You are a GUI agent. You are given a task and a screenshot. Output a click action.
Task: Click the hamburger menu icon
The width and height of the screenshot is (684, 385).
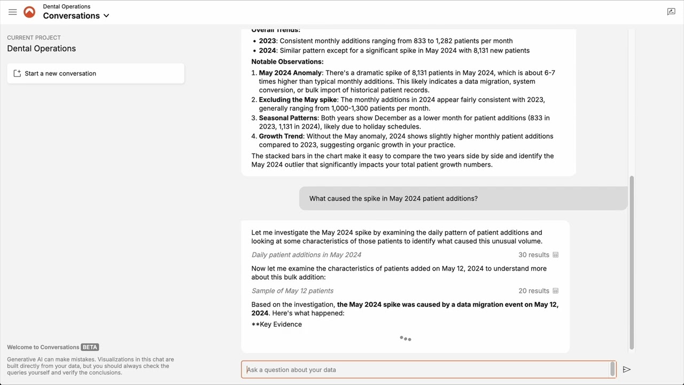pyautogui.click(x=13, y=12)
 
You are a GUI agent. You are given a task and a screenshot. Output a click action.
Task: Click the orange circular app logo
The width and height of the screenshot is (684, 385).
pyautogui.click(x=29, y=12)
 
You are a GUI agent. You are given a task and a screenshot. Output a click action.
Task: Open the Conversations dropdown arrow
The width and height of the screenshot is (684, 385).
pyautogui.click(x=106, y=16)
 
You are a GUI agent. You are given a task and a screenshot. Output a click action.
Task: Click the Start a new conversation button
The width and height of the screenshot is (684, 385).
pyautogui.click(x=96, y=73)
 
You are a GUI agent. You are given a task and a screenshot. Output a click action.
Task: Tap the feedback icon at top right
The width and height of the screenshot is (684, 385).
pyautogui.click(x=671, y=12)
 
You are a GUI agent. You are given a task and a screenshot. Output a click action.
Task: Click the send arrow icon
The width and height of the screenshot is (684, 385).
pyautogui.click(x=627, y=369)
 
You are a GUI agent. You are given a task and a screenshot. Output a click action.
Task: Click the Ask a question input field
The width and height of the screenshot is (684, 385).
pyautogui.click(x=428, y=369)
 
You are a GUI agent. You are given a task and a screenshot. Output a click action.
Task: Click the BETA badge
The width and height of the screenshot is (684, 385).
pyautogui.click(x=90, y=347)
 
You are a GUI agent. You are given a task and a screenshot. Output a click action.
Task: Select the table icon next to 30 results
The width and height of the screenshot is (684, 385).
pyautogui.click(x=555, y=255)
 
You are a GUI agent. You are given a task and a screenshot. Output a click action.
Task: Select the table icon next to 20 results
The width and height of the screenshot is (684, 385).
pyautogui.click(x=555, y=291)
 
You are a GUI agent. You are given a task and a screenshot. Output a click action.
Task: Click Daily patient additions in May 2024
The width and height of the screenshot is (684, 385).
pyautogui.click(x=306, y=255)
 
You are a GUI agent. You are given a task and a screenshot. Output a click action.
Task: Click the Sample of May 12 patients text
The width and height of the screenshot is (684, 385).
pyautogui.click(x=292, y=291)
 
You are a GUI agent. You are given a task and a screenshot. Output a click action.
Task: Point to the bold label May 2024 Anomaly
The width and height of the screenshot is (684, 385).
pyautogui.click(x=290, y=73)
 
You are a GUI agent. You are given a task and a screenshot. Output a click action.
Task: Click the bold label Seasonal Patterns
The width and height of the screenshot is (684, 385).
pyautogui.click(x=289, y=118)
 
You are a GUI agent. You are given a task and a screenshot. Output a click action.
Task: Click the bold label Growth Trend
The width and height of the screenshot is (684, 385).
pyautogui.click(x=282, y=136)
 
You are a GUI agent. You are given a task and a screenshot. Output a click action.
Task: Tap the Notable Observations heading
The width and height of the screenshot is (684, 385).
pyautogui.click(x=287, y=61)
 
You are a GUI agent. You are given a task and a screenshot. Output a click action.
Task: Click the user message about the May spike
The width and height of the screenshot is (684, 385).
pyautogui.click(x=393, y=198)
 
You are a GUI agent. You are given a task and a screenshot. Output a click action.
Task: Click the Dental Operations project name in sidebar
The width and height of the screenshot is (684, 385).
pyautogui.click(x=41, y=49)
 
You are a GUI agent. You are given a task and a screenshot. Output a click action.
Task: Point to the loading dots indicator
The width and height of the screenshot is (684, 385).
pyautogui.click(x=406, y=338)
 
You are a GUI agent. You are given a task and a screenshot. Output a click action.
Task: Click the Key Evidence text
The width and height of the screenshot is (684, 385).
pyautogui.click(x=277, y=325)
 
